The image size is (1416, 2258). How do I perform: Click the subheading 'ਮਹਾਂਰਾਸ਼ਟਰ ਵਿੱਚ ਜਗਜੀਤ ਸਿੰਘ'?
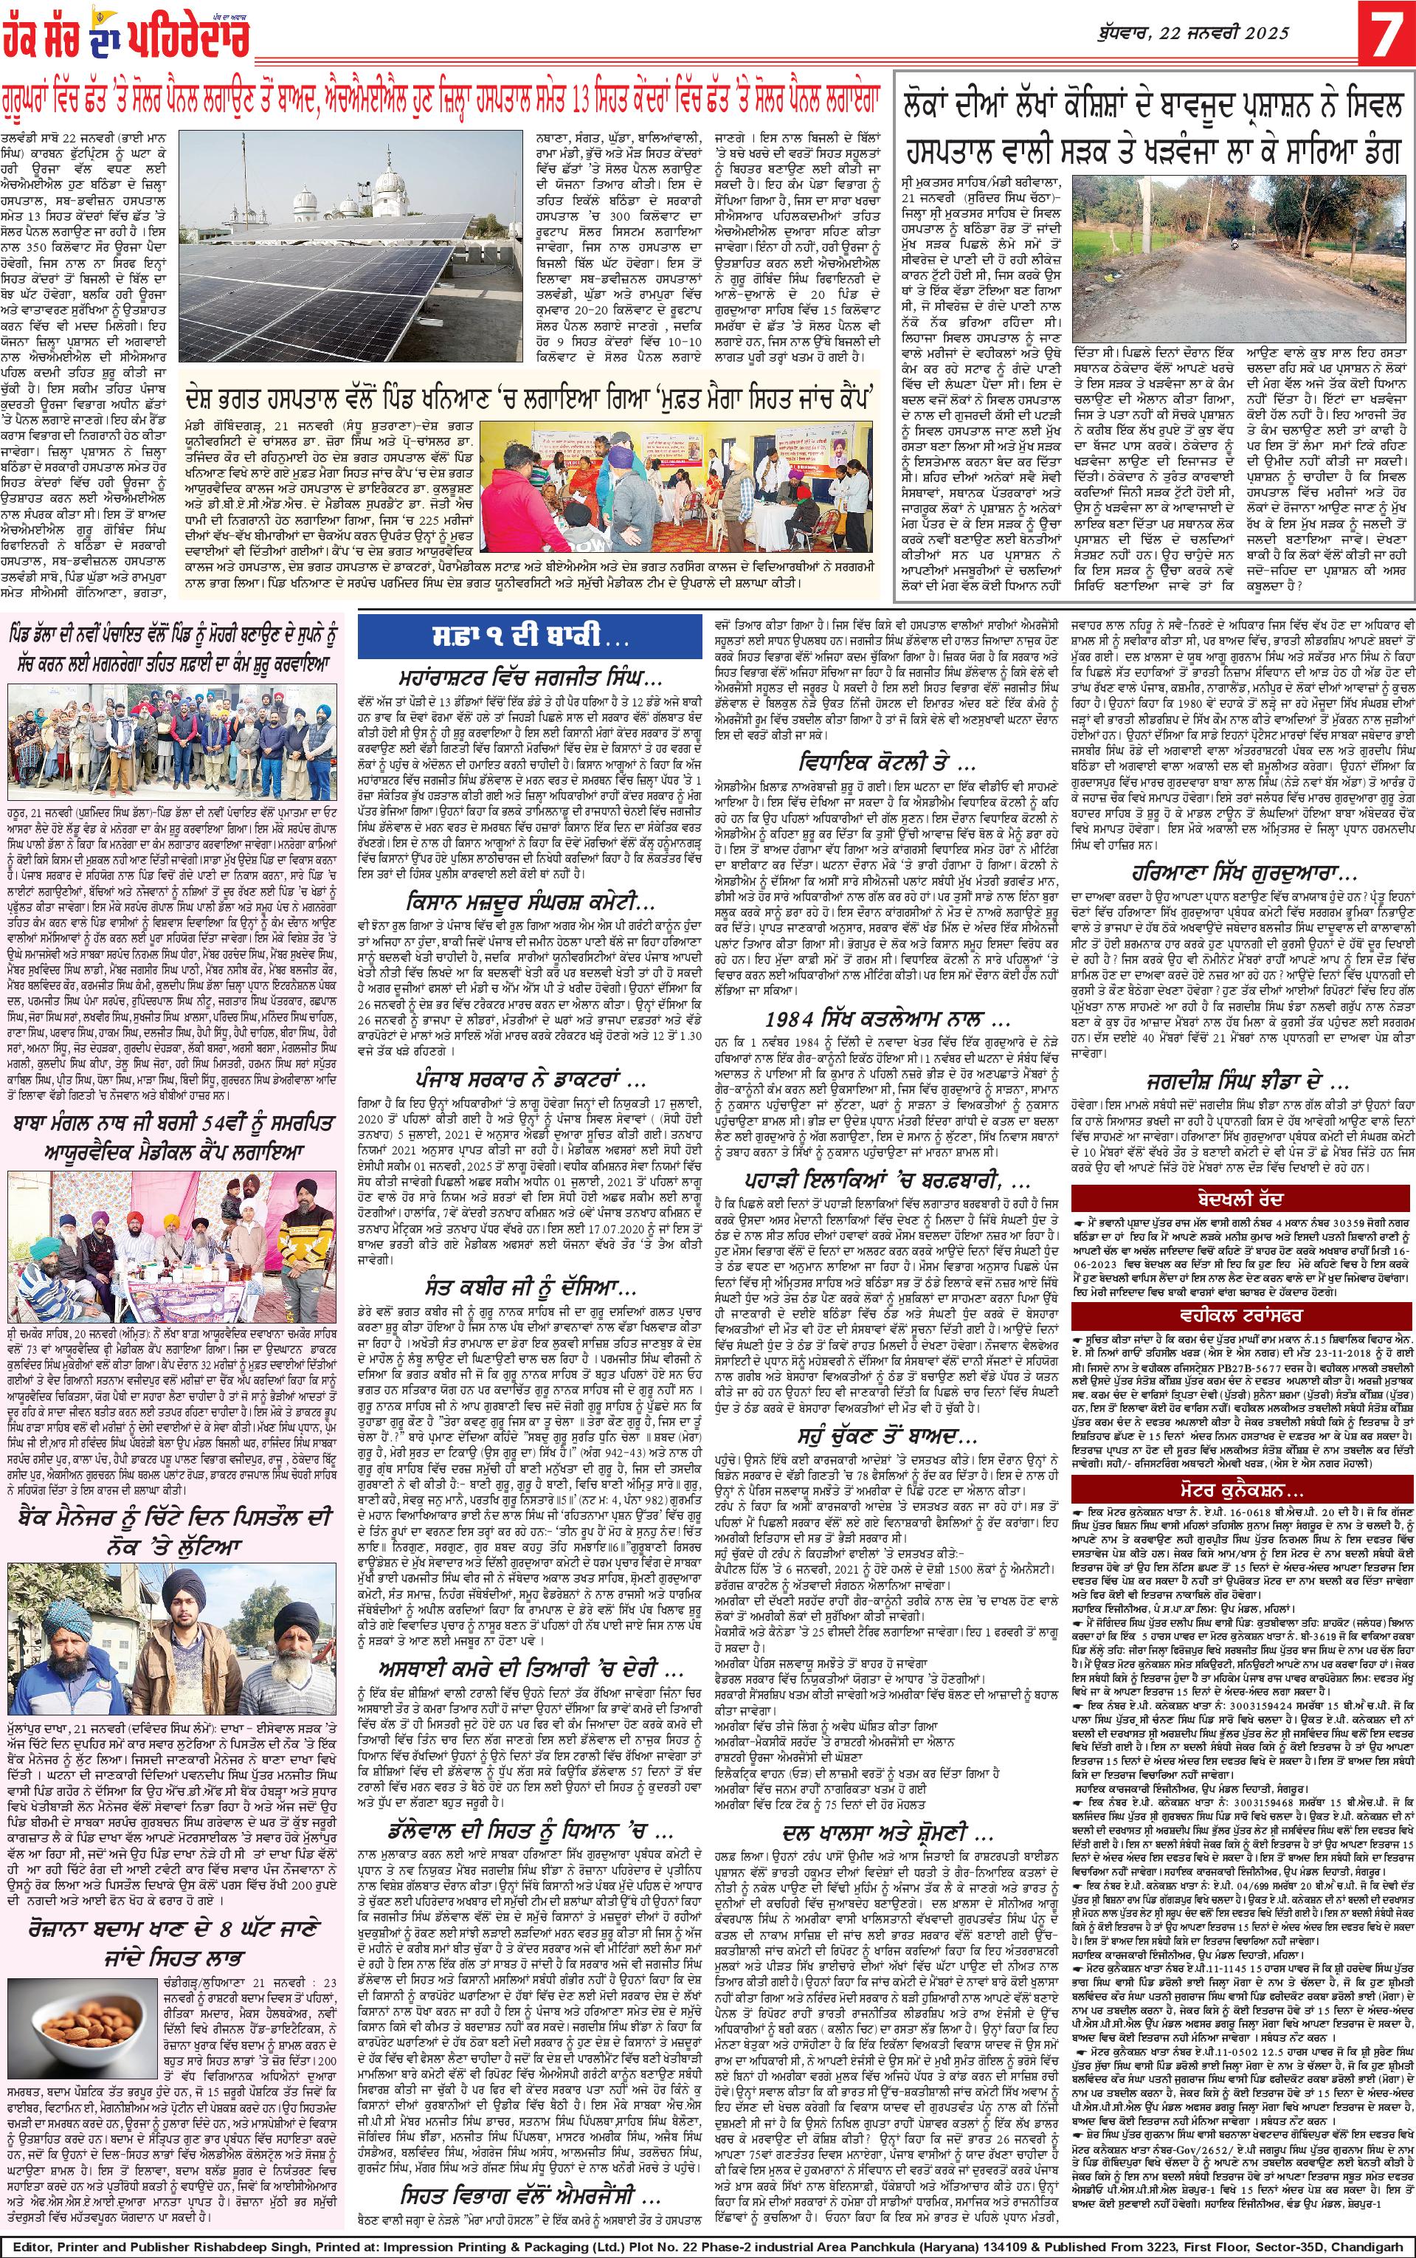click(x=529, y=677)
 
